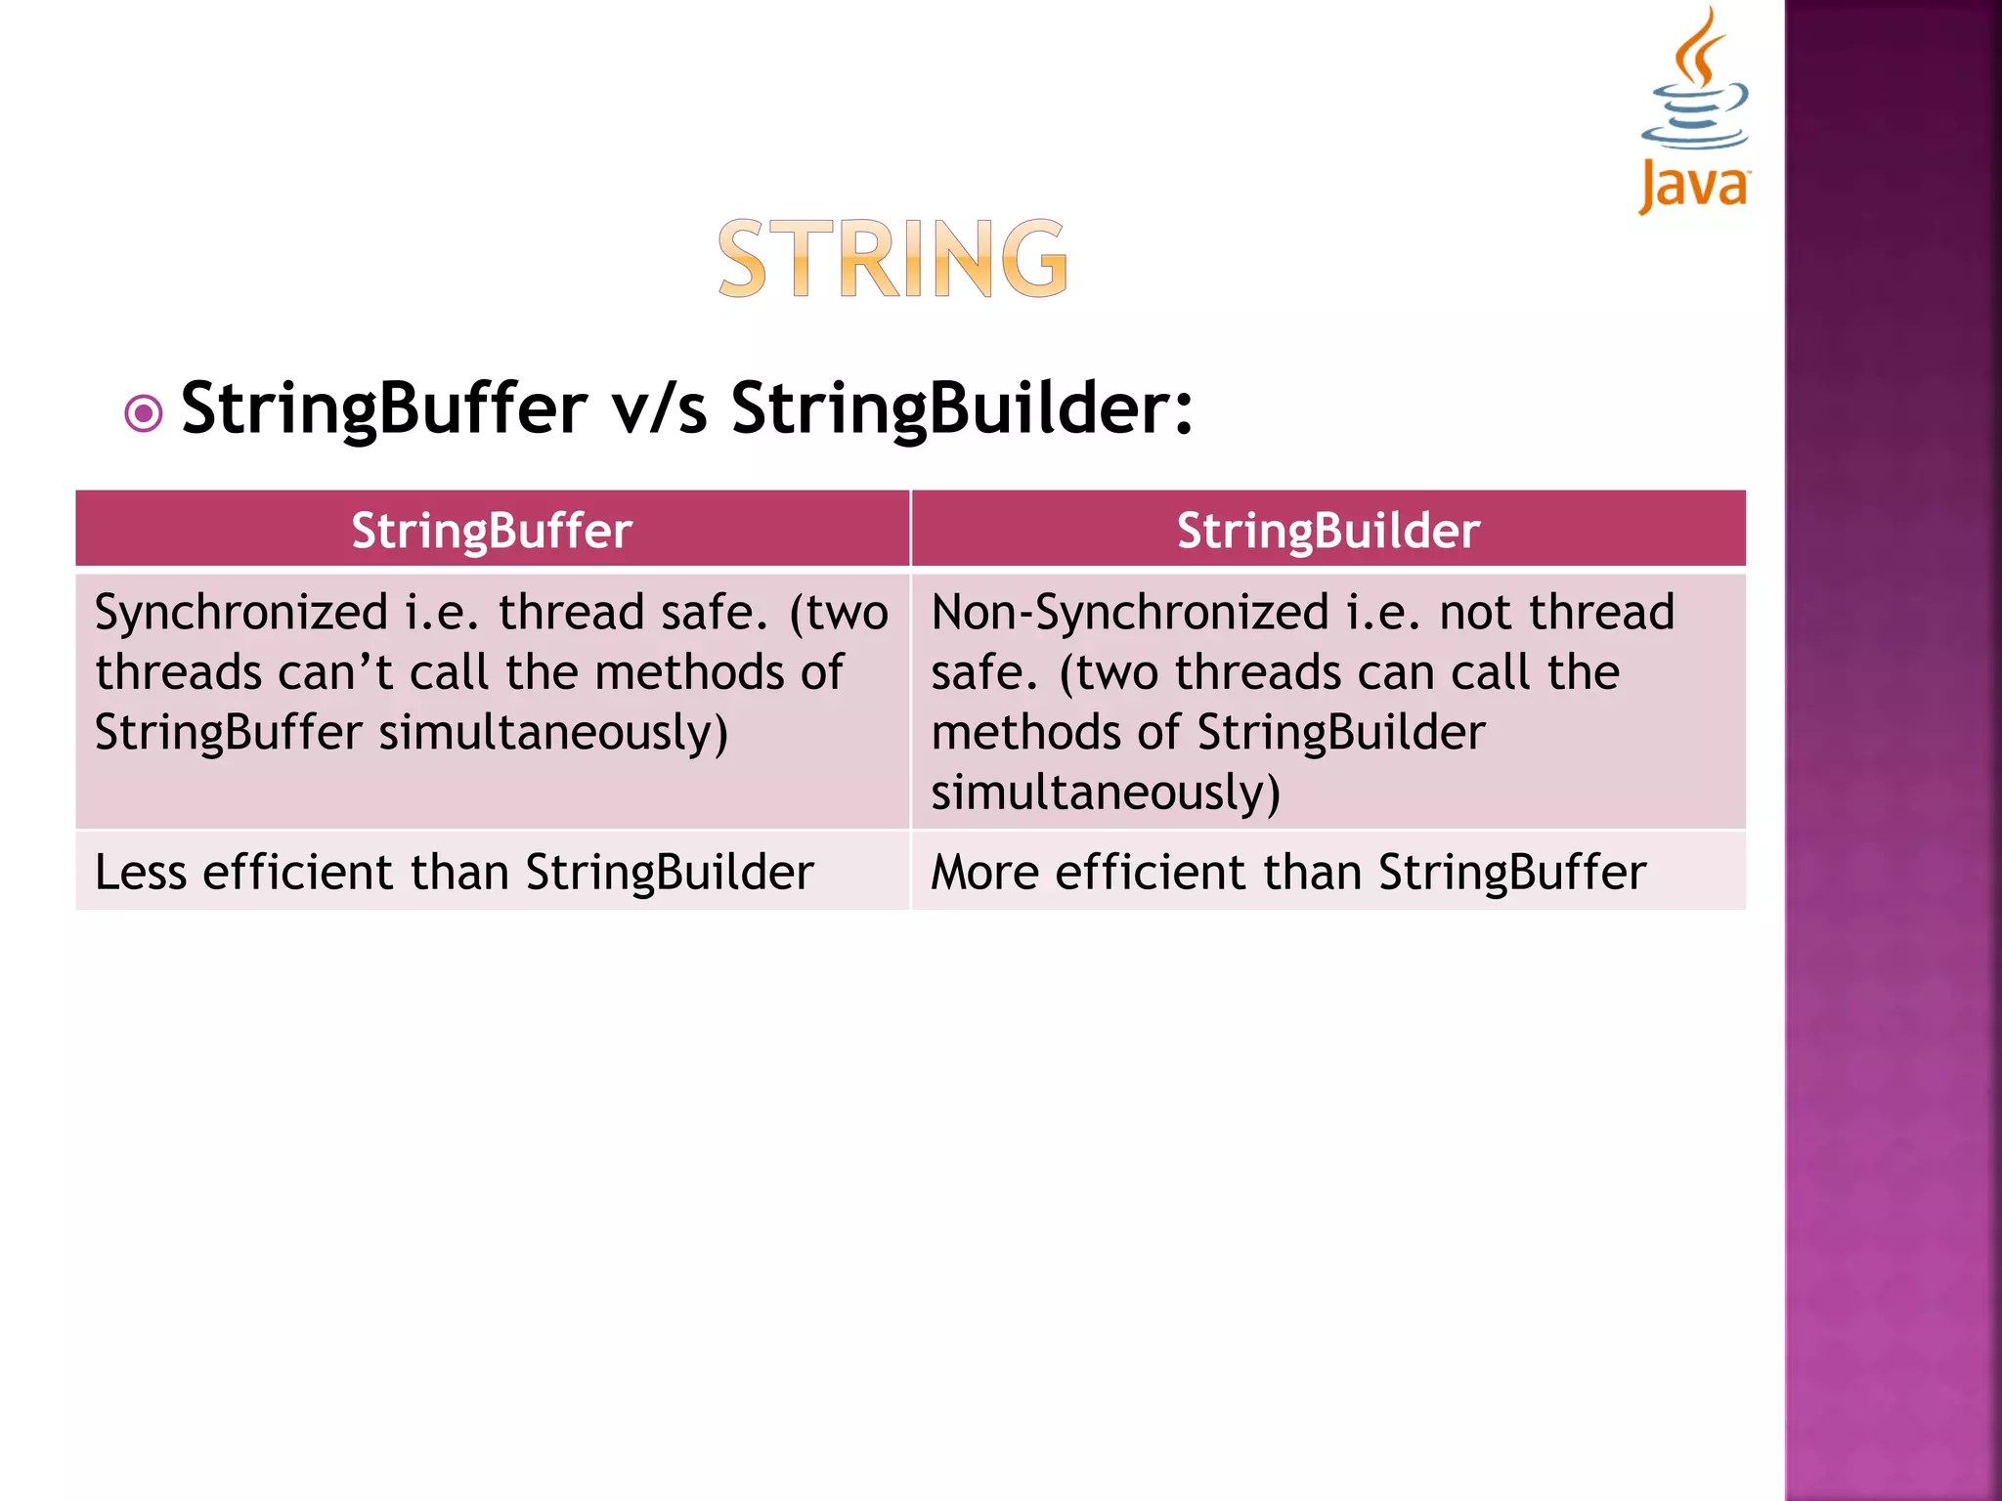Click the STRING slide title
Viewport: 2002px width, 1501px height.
(892, 259)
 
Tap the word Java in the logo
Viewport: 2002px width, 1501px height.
(1693, 186)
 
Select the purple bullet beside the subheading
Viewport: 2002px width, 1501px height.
(144, 414)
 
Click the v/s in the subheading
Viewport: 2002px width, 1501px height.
(659, 408)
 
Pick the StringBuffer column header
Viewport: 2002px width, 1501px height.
(492, 531)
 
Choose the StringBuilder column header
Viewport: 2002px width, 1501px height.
(1327, 531)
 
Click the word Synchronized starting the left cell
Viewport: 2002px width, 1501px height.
(241, 614)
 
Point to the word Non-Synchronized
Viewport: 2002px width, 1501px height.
(1129, 614)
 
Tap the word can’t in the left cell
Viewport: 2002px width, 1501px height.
(334, 673)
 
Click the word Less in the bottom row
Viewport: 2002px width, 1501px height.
(140, 872)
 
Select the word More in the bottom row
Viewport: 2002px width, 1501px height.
(984, 872)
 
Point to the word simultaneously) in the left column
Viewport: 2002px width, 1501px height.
(553, 734)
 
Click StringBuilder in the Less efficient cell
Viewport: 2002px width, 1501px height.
(670, 872)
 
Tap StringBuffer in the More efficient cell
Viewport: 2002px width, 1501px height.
(1511, 872)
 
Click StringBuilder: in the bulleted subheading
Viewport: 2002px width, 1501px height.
(962, 408)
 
